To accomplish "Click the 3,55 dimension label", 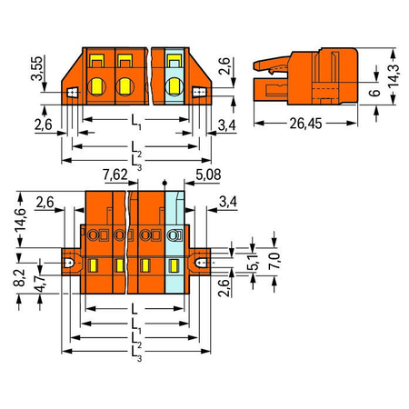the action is (x=37, y=68).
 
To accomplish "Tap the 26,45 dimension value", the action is (x=305, y=124).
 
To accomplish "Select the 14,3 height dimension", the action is (x=394, y=75).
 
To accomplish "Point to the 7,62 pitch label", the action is (x=115, y=175).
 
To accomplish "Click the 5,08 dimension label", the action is (x=208, y=175).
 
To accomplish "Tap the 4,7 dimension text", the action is (x=40, y=284).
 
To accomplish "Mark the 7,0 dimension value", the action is (x=274, y=261).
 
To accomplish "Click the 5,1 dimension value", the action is (x=253, y=262).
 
